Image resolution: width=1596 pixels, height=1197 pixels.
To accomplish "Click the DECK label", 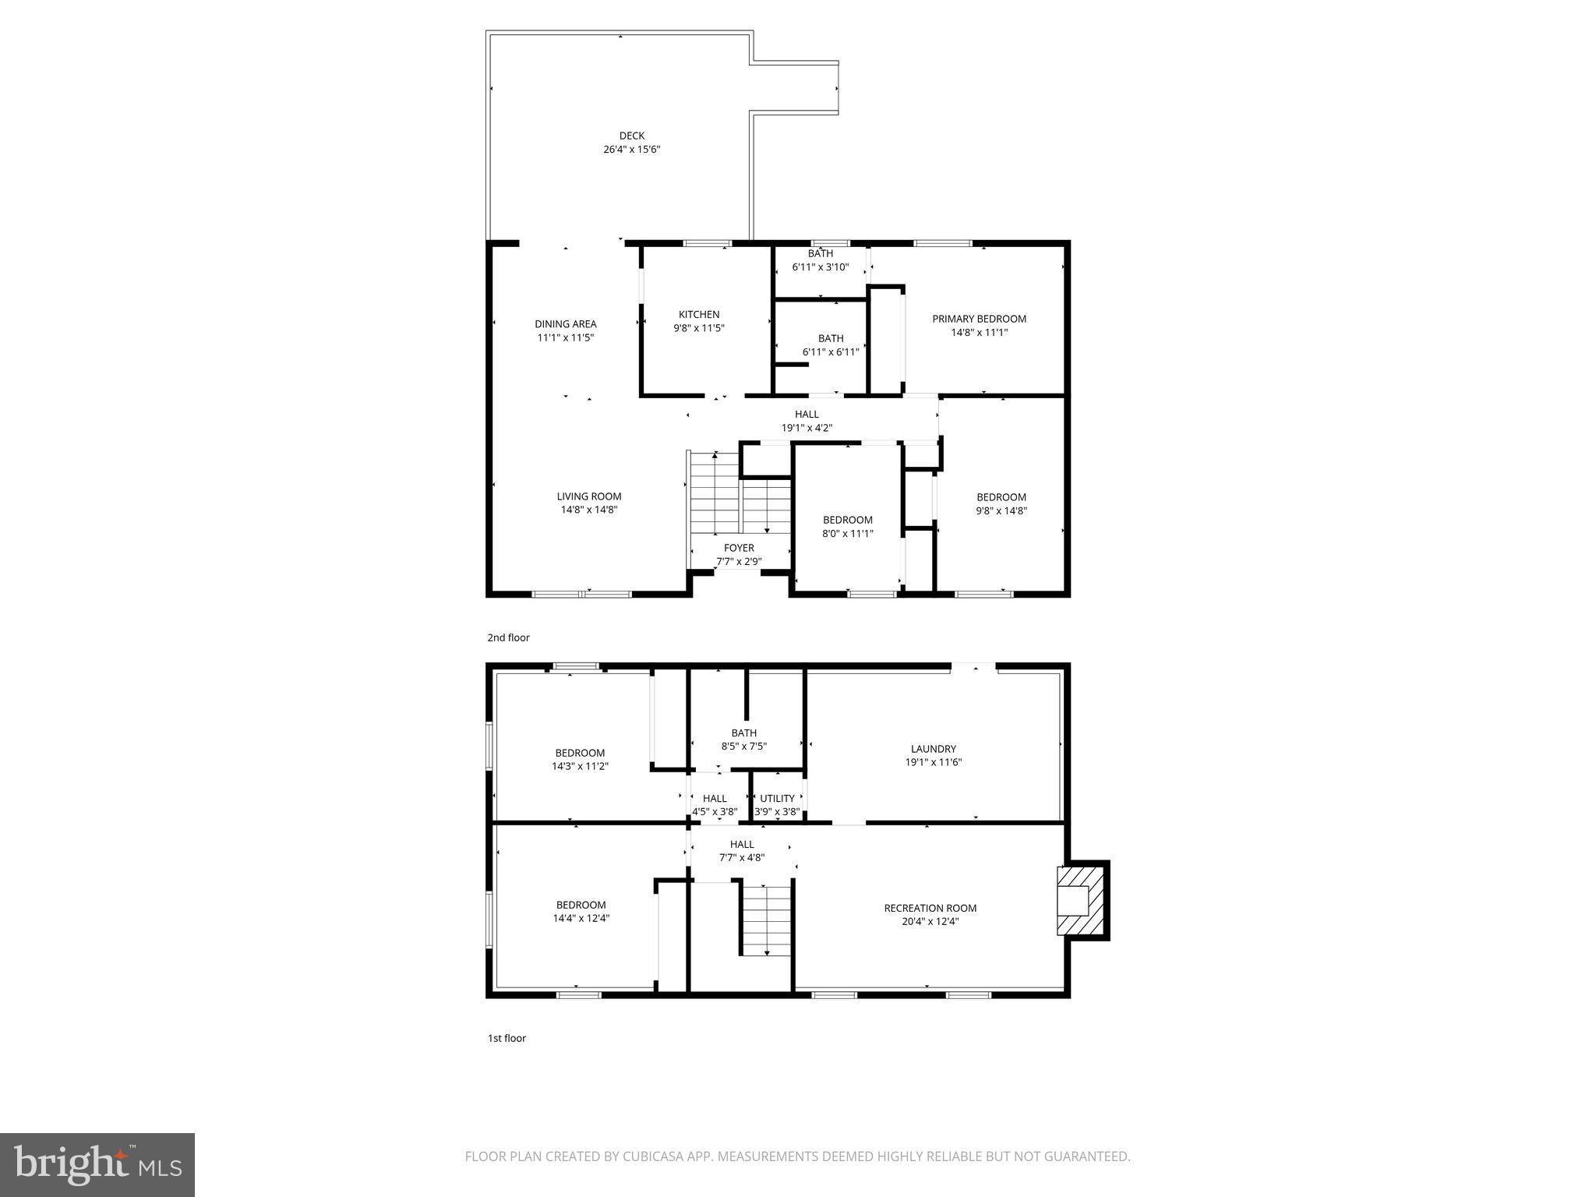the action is click(632, 136).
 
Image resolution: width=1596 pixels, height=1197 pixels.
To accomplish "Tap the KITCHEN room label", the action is click(699, 315).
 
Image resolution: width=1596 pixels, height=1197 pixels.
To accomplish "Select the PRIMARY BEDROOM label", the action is click(980, 319).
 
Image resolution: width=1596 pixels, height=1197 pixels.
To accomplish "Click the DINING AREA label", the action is click(566, 324).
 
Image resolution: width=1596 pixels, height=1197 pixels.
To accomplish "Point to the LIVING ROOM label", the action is click(589, 496).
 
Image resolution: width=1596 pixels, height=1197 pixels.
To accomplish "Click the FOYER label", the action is click(739, 548).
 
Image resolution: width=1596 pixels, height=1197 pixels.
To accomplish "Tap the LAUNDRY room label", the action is click(934, 749).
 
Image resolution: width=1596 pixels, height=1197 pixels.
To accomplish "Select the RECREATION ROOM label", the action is click(930, 908).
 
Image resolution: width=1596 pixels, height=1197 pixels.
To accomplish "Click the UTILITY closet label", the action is click(777, 799).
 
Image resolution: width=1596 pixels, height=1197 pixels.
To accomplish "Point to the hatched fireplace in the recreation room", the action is click(1082, 900).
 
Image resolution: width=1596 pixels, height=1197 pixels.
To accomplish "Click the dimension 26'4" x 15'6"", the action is click(632, 149).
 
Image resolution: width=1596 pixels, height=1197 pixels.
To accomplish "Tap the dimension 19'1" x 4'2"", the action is click(807, 428).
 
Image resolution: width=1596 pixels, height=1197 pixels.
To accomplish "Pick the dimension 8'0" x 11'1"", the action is click(848, 534).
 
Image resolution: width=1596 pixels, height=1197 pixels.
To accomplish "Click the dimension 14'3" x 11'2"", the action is click(580, 766).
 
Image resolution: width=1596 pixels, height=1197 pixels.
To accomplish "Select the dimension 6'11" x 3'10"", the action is click(821, 267).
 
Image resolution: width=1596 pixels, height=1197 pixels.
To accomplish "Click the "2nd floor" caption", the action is click(509, 637).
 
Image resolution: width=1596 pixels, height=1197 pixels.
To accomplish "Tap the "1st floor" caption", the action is click(507, 1038).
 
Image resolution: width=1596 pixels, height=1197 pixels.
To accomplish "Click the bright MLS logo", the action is click(97, 1165).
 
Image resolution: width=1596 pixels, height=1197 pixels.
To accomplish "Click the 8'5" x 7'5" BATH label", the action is click(744, 740).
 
